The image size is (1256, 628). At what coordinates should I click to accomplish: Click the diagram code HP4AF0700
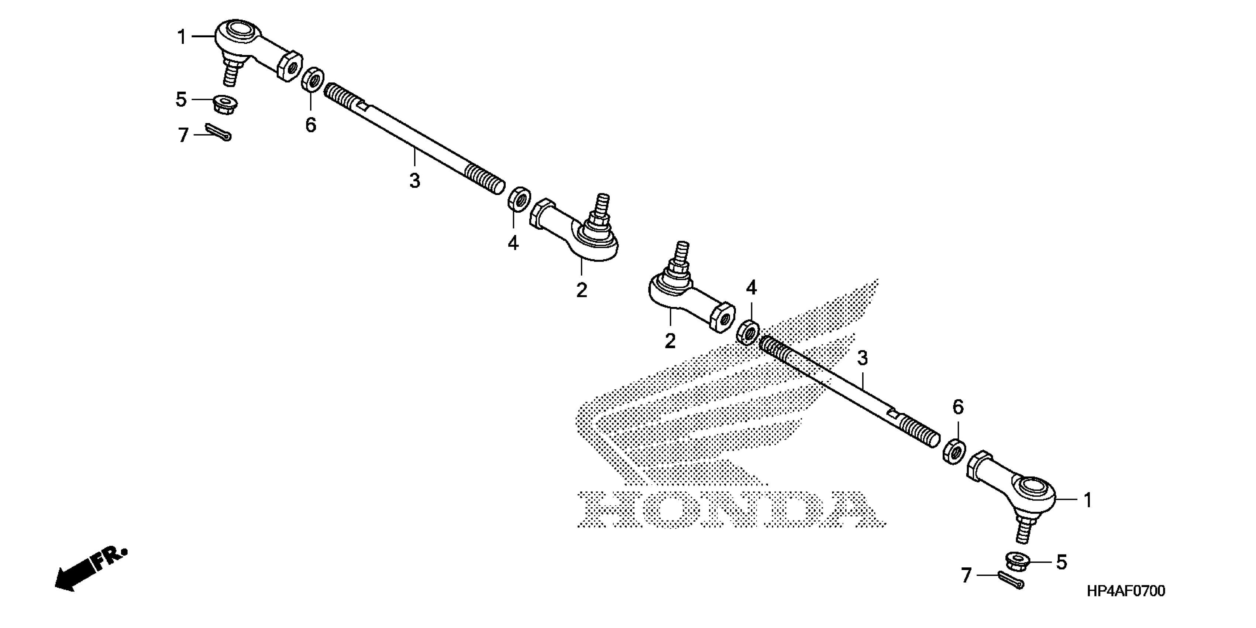1126,591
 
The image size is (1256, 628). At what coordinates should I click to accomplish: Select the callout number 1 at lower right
1088,500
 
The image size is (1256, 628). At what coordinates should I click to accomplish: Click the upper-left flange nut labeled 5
225,104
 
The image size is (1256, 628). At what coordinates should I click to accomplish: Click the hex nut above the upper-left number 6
312,79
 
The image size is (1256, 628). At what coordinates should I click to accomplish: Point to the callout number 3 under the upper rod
414,181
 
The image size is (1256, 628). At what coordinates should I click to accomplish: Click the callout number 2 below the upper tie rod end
582,290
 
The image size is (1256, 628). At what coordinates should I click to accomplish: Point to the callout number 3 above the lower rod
863,358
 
